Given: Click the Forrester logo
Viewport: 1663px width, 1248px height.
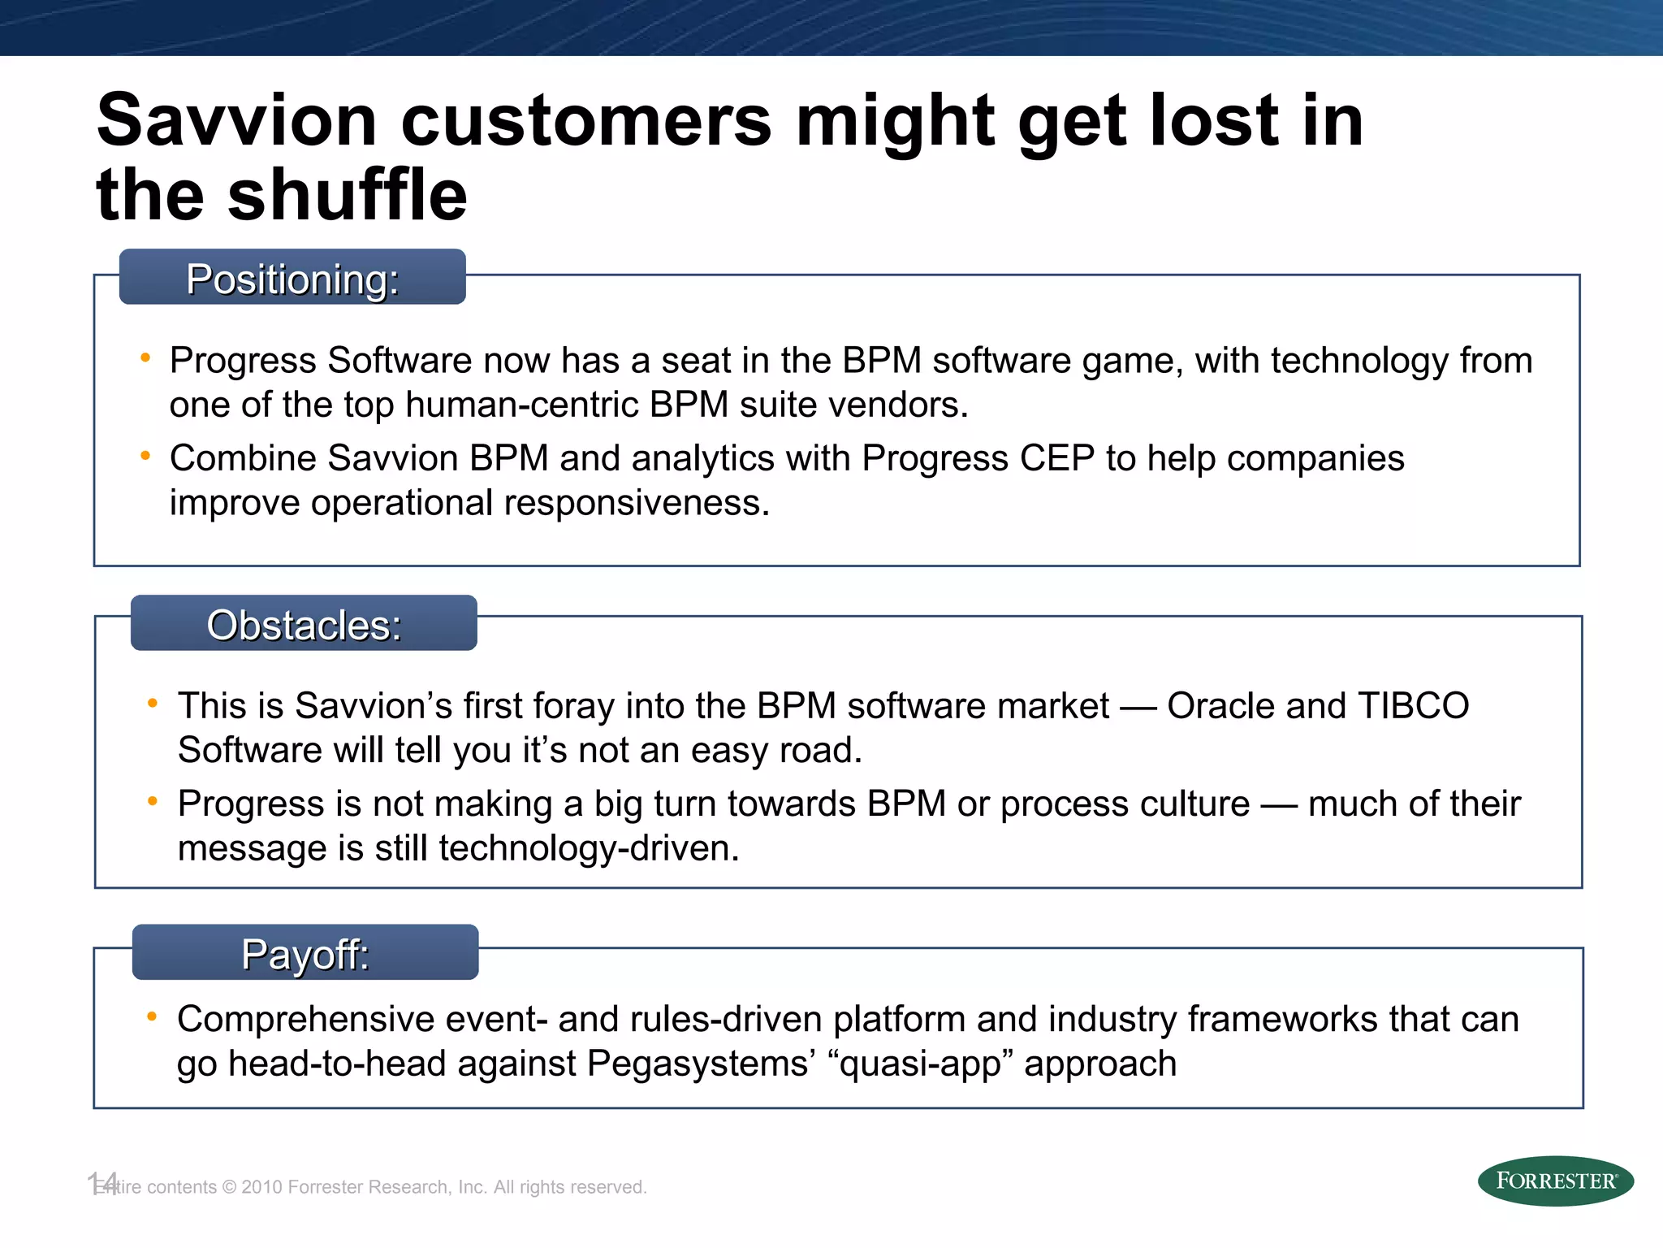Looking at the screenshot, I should point(1555,1181).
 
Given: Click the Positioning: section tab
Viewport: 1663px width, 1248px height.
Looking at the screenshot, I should point(292,278).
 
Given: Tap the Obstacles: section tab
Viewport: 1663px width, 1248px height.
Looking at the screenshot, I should point(304,624).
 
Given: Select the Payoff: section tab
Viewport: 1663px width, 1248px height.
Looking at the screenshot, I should point(305,953).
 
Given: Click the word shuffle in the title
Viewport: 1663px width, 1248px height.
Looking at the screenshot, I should point(348,195).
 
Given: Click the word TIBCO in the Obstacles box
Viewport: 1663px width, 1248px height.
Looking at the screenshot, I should point(1413,705).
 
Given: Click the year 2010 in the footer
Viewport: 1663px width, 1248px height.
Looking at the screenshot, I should point(261,1187).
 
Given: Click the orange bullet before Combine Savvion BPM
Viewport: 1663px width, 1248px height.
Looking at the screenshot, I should point(145,457).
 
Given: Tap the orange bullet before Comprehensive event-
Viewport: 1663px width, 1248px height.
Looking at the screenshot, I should point(152,1016).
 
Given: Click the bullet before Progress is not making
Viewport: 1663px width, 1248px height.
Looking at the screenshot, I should point(152,802).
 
